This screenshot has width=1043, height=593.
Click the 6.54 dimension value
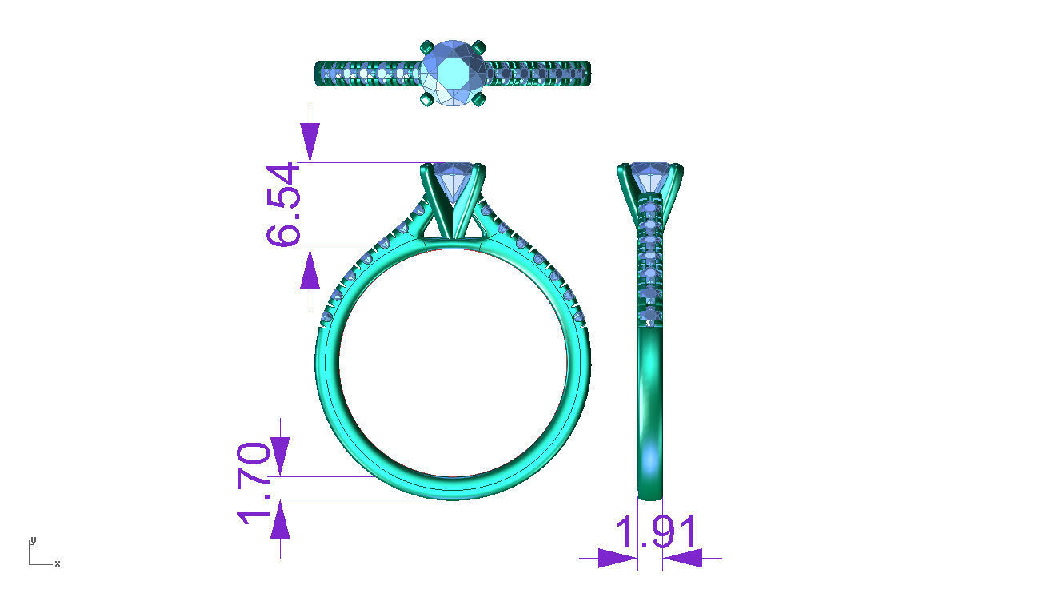point(283,205)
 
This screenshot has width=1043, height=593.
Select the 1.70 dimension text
point(254,483)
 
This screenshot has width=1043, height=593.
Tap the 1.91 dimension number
point(656,533)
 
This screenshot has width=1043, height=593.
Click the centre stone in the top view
point(453,72)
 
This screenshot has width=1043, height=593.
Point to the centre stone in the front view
point(453,179)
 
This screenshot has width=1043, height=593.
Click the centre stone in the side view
point(649,177)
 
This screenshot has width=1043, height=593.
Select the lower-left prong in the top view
point(426,100)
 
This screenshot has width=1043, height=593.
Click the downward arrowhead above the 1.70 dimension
point(280,456)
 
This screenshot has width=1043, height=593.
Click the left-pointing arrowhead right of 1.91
point(682,558)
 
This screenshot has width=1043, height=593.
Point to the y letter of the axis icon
point(33,540)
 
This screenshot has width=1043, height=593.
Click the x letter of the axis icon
point(58,563)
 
